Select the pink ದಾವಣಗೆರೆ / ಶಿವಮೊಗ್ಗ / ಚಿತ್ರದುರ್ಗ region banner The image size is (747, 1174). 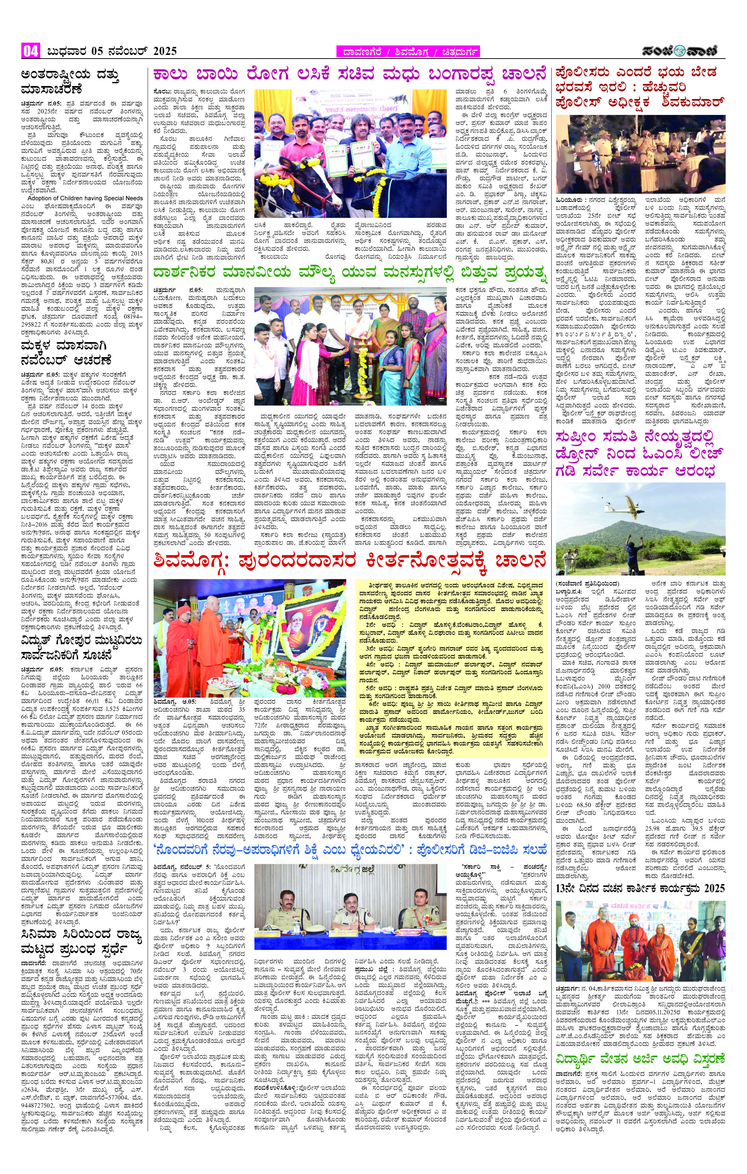pos(408,52)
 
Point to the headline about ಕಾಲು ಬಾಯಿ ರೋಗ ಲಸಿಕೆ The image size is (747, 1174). pos(349,75)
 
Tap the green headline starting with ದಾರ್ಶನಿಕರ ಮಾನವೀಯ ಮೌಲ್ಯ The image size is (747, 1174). pos(349,273)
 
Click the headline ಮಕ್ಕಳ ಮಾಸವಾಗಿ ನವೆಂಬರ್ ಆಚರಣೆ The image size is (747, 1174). pos(66,354)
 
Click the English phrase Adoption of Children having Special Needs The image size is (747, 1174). pos(85,198)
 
